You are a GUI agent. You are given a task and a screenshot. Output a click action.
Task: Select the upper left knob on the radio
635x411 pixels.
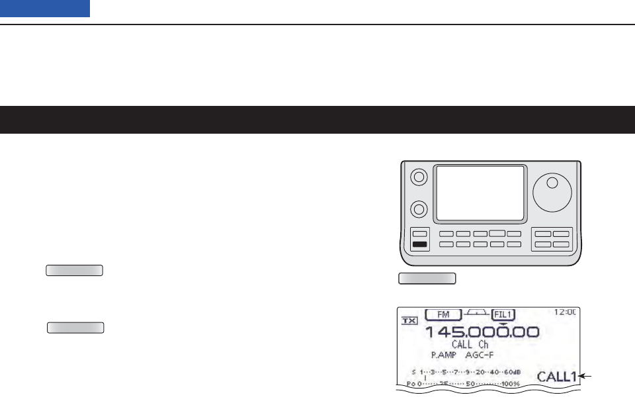point(417,177)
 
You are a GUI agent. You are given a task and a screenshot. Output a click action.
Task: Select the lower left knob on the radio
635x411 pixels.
point(417,210)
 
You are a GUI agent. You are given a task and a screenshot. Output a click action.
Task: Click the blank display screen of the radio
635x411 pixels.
point(480,193)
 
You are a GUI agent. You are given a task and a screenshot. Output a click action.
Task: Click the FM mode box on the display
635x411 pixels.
point(443,315)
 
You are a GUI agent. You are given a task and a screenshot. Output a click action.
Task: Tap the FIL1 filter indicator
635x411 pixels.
point(503,315)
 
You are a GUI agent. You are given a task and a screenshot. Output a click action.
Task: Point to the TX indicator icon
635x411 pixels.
point(409,320)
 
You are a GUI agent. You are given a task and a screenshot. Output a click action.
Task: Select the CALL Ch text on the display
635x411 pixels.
point(470,345)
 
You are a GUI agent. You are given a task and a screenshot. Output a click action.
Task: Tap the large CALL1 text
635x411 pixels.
point(556,377)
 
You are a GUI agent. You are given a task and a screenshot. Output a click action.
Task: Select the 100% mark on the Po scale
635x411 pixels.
point(510,384)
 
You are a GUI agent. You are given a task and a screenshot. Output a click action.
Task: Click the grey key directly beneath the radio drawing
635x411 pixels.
point(427,277)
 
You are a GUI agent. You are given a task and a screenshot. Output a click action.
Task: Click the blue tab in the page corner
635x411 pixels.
point(45,9)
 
